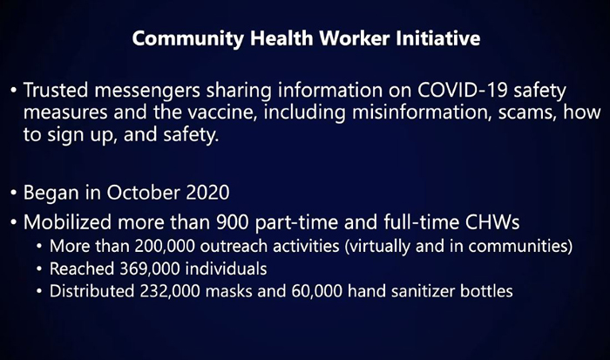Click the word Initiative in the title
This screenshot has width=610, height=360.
point(438,38)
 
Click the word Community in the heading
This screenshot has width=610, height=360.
point(188,39)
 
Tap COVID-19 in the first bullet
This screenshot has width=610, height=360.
point(463,90)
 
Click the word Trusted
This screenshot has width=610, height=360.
point(56,90)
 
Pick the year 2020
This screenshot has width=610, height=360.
point(207,193)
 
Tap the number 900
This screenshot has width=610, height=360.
point(233,221)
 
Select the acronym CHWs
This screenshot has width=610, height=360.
point(492,221)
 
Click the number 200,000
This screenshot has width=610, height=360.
point(165,247)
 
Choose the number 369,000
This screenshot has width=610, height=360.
point(149,269)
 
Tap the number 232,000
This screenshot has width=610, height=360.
point(170,291)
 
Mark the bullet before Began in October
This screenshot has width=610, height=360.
point(14,193)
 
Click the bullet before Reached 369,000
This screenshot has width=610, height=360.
point(39,269)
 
